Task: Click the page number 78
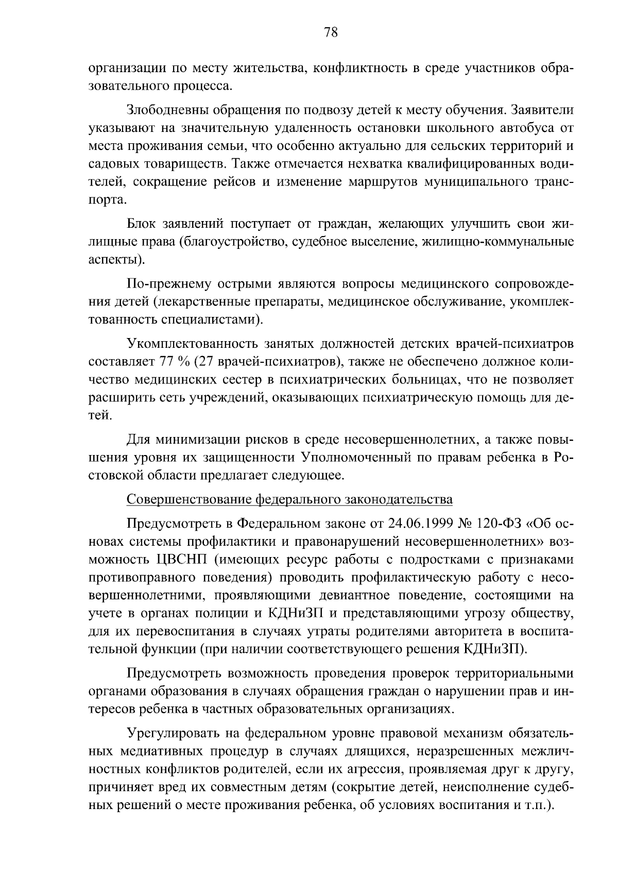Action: (331, 32)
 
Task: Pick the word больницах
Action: (420, 380)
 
